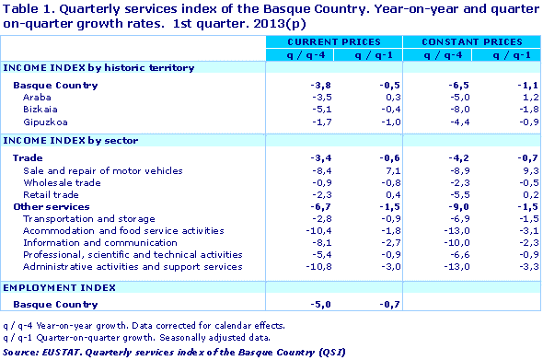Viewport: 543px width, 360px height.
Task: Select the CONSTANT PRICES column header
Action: (x=471, y=43)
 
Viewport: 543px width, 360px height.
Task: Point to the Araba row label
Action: (x=38, y=96)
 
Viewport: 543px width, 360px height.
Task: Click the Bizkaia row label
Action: (x=40, y=109)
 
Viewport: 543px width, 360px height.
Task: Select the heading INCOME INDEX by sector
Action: (x=71, y=140)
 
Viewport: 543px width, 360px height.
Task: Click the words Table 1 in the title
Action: (x=27, y=9)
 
